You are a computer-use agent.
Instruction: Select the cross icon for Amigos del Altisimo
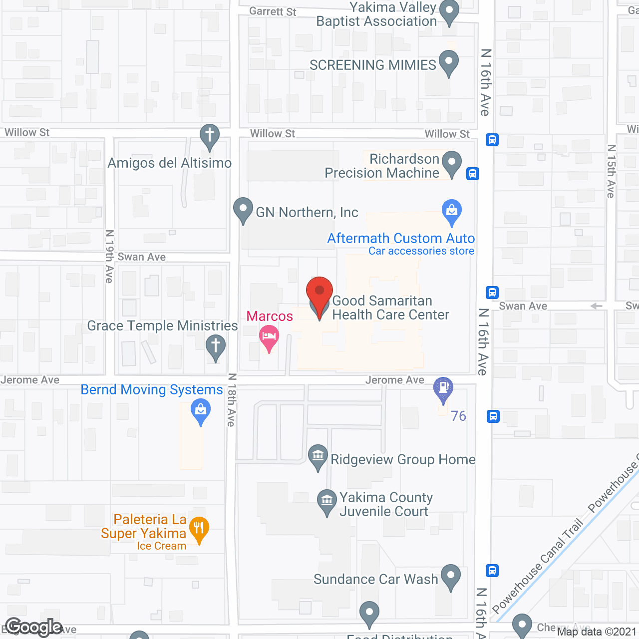[210, 135]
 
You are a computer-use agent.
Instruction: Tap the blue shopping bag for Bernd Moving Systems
[201, 411]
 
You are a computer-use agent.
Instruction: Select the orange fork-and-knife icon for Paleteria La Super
[199, 528]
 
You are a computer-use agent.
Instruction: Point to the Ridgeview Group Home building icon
[318, 455]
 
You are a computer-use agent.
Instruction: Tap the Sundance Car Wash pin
[451, 575]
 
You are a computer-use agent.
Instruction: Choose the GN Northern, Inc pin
[243, 209]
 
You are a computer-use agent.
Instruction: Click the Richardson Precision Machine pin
[452, 163]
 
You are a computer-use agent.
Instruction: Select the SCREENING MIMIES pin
[448, 62]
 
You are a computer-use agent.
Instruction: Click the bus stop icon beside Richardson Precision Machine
[473, 174]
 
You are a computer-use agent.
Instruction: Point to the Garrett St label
[273, 11]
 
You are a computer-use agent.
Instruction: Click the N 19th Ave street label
[109, 256]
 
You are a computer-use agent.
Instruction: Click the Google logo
[34, 628]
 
